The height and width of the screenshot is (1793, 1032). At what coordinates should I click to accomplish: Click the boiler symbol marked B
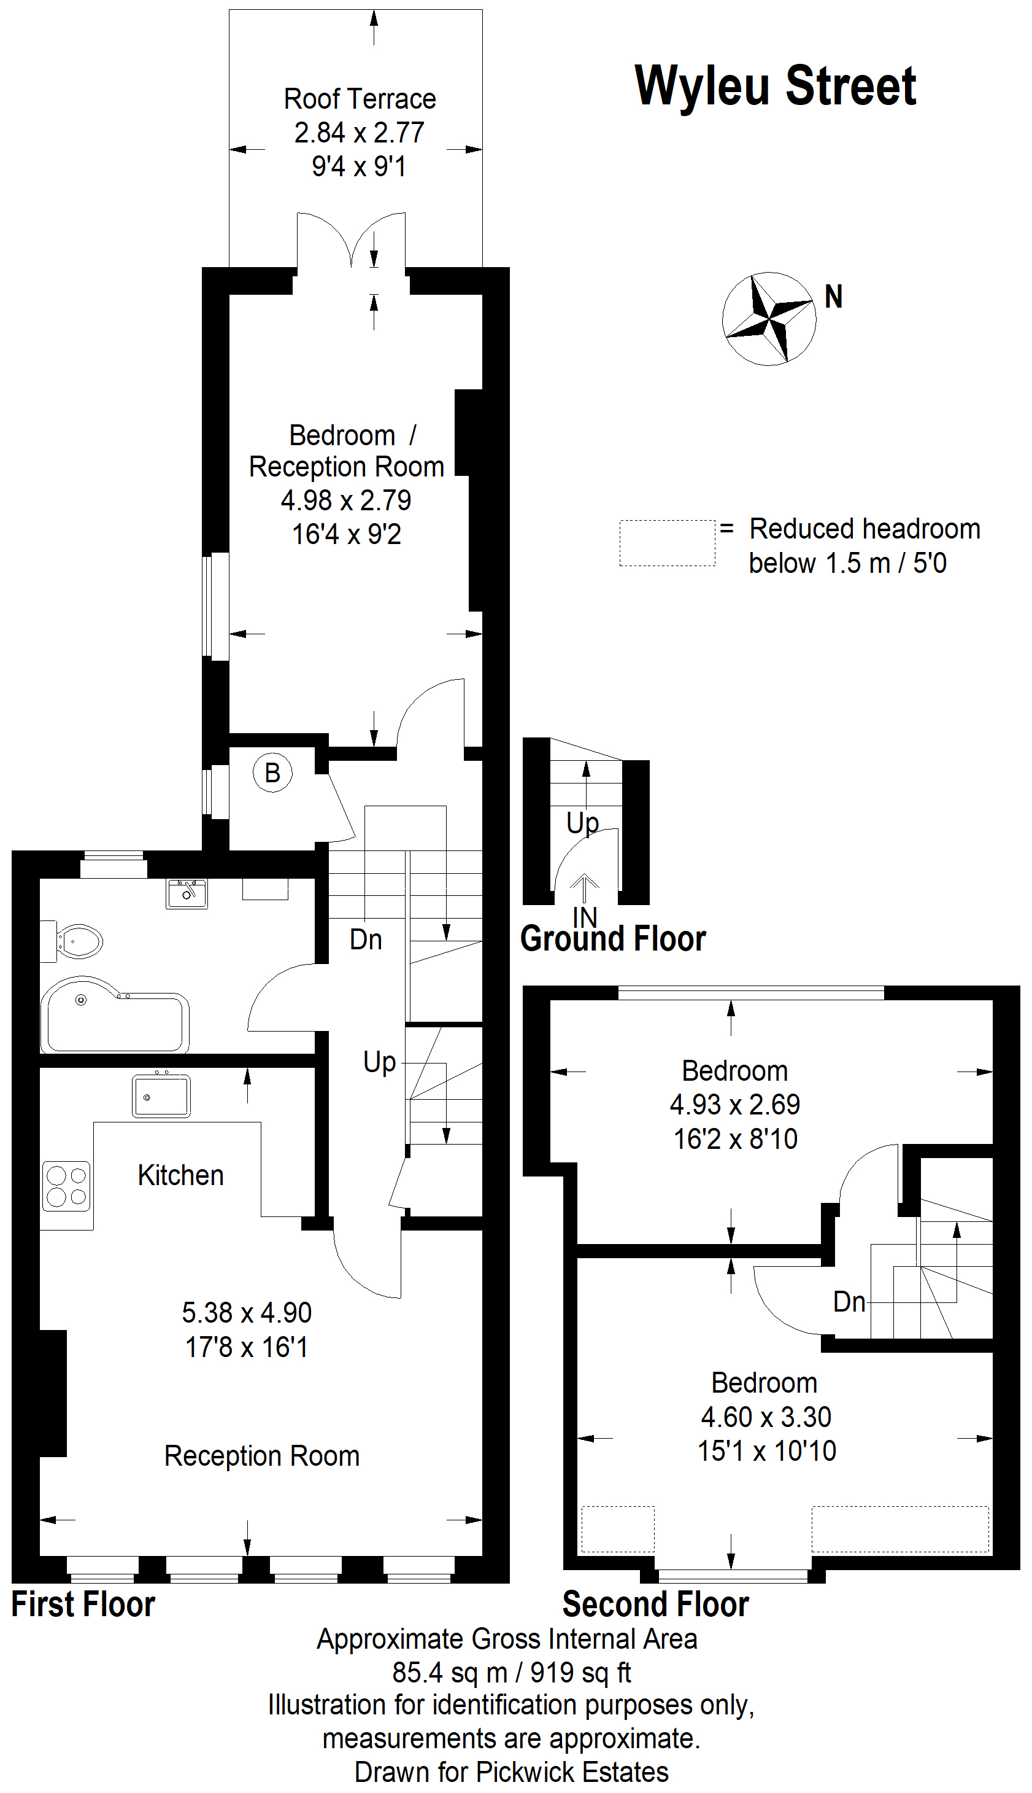click(x=273, y=772)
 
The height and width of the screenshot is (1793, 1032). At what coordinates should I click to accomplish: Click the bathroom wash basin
click(x=187, y=893)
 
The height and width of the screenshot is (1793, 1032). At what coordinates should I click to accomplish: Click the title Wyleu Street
click(x=776, y=86)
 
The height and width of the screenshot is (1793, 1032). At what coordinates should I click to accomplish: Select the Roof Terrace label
click(x=360, y=99)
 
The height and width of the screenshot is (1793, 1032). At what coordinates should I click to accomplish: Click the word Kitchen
click(x=181, y=1175)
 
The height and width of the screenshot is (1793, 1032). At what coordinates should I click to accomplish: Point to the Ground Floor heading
click(x=613, y=939)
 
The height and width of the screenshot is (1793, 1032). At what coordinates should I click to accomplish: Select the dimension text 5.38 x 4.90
click(x=247, y=1313)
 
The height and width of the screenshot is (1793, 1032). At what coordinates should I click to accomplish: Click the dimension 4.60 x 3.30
click(x=766, y=1417)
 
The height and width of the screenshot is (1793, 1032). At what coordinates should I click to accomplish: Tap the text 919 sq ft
click(x=580, y=1673)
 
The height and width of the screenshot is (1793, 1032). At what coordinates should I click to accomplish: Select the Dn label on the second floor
click(x=849, y=1302)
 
